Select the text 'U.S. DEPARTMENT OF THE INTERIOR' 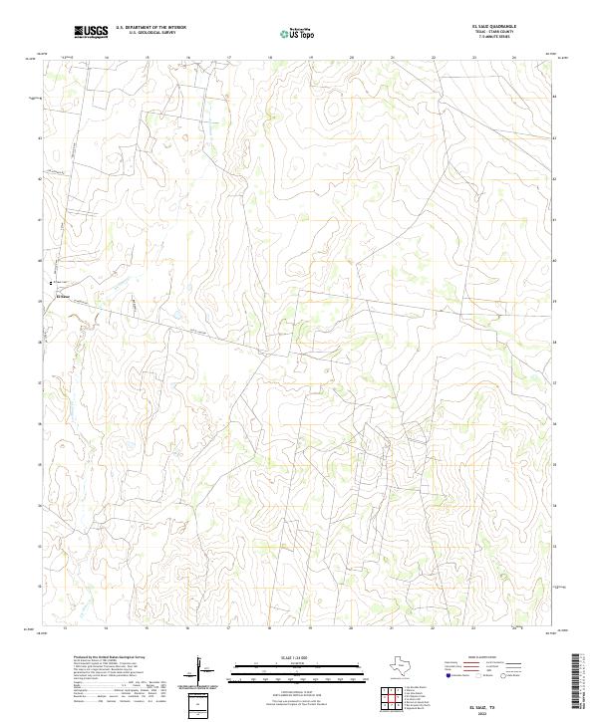[x=150, y=28]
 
